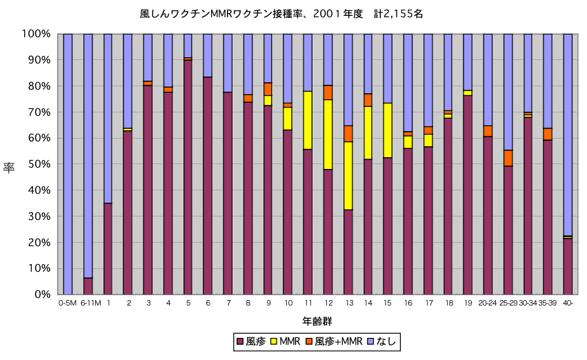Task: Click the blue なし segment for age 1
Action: [x=108, y=118]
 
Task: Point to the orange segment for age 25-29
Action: [x=508, y=158]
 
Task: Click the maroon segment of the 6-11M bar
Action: [x=88, y=286]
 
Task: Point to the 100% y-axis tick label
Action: [x=36, y=34]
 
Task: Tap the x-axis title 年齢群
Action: [x=317, y=321]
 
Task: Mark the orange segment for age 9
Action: [x=268, y=89]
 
